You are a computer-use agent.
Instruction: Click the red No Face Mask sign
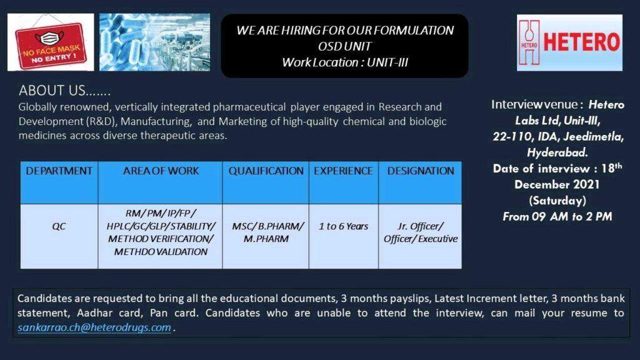coord(51,46)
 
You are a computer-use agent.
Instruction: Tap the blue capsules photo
coord(155,42)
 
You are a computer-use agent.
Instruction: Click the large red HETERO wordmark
coord(581,42)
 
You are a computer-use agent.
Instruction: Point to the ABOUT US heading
coord(64,90)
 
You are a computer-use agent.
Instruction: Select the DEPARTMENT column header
coord(59,171)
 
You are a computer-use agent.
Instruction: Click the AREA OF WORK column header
coord(161,171)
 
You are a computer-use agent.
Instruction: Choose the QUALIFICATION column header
coord(266,171)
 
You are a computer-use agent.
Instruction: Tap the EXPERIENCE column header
coord(343,171)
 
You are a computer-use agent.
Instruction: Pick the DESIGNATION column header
coord(421,171)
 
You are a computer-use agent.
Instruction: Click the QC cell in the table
coord(59,226)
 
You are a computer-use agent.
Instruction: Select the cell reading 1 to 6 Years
coord(343,226)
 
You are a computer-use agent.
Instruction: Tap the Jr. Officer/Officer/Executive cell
coord(421,232)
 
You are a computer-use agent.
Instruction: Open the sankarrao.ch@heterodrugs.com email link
coord(94,327)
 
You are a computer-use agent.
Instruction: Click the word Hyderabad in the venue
coord(557,152)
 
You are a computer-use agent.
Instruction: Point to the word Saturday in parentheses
coord(557,201)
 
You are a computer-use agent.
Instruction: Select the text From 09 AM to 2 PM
coord(557,216)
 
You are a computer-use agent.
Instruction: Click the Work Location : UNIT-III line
coord(345,62)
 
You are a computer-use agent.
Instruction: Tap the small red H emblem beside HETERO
coord(529,42)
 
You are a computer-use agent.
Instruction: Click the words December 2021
coord(557,184)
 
